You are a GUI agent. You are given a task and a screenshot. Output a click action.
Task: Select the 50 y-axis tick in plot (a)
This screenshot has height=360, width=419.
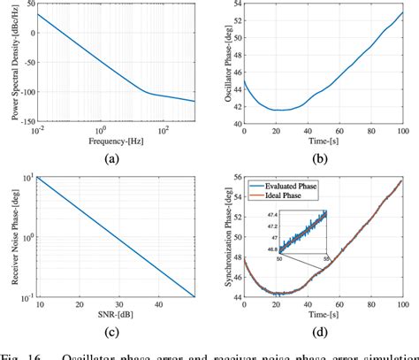[27, 4]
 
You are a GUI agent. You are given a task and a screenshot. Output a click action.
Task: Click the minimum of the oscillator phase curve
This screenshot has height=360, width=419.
[278, 110]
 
